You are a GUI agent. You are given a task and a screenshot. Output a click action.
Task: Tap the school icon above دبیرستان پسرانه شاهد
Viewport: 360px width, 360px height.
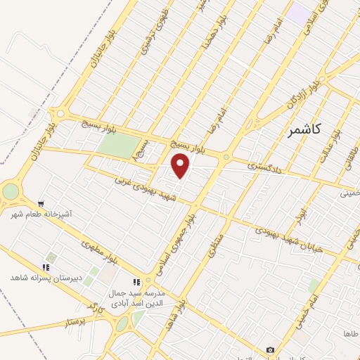(46, 267)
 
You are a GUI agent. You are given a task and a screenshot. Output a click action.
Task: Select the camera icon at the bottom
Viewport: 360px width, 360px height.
(271, 349)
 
